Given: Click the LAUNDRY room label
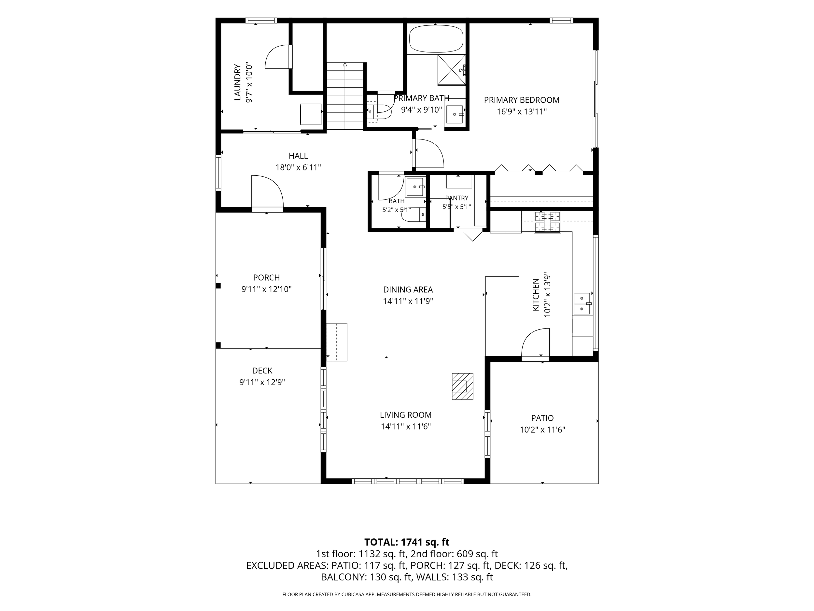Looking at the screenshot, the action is [238, 82].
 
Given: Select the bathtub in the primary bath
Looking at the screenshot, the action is [436, 39].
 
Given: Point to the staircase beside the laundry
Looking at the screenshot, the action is [345, 96].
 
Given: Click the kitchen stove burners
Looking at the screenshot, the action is [547, 222].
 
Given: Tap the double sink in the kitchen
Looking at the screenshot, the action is [582, 303].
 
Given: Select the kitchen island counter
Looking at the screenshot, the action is [502, 316].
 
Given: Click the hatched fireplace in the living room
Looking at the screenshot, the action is [463, 386].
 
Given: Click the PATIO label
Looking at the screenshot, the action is [542, 418].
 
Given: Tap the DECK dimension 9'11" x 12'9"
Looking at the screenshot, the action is [262, 382].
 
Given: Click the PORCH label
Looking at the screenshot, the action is [266, 277].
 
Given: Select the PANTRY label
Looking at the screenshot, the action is [457, 198].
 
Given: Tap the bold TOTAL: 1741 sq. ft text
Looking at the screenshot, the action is [407, 542].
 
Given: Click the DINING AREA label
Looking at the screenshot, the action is [408, 289].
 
